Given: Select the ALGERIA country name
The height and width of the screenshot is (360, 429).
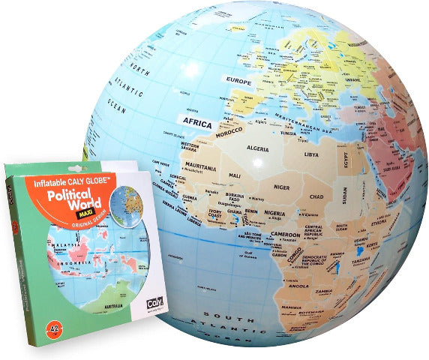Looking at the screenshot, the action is (x=258, y=148).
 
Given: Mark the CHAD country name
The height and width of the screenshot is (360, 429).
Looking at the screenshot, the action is (x=316, y=196).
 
